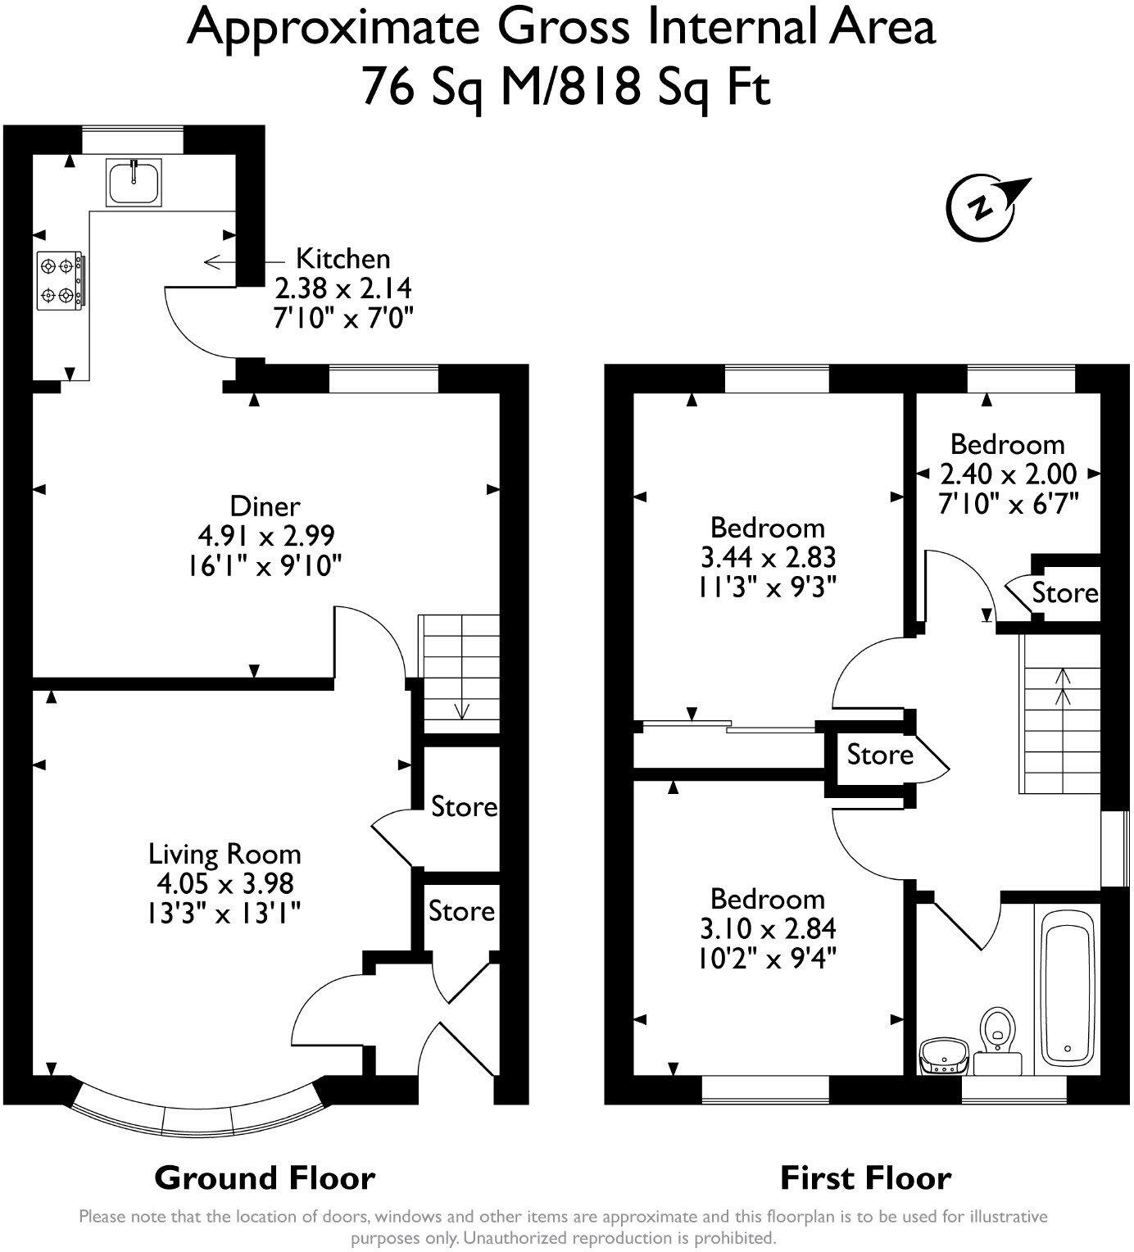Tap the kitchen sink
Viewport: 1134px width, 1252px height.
(x=134, y=182)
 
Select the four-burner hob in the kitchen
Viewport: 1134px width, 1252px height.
(x=60, y=280)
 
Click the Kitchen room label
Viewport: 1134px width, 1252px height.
(x=342, y=259)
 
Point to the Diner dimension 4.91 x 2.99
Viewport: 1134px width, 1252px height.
(x=266, y=536)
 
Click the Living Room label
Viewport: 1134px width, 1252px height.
(x=225, y=854)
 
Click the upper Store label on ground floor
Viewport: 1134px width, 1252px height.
(x=464, y=807)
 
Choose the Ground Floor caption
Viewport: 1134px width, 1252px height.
(x=265, y=1178)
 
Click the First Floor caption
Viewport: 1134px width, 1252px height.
(x=865, y=1178)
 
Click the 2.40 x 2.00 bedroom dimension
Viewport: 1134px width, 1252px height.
(x=1008, y=474)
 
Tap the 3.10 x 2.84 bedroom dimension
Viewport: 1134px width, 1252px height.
(x=768, y=928)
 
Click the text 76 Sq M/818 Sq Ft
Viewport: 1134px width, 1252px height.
(x=565, y=87)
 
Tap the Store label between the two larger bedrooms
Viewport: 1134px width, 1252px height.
(x=880, y=754)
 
